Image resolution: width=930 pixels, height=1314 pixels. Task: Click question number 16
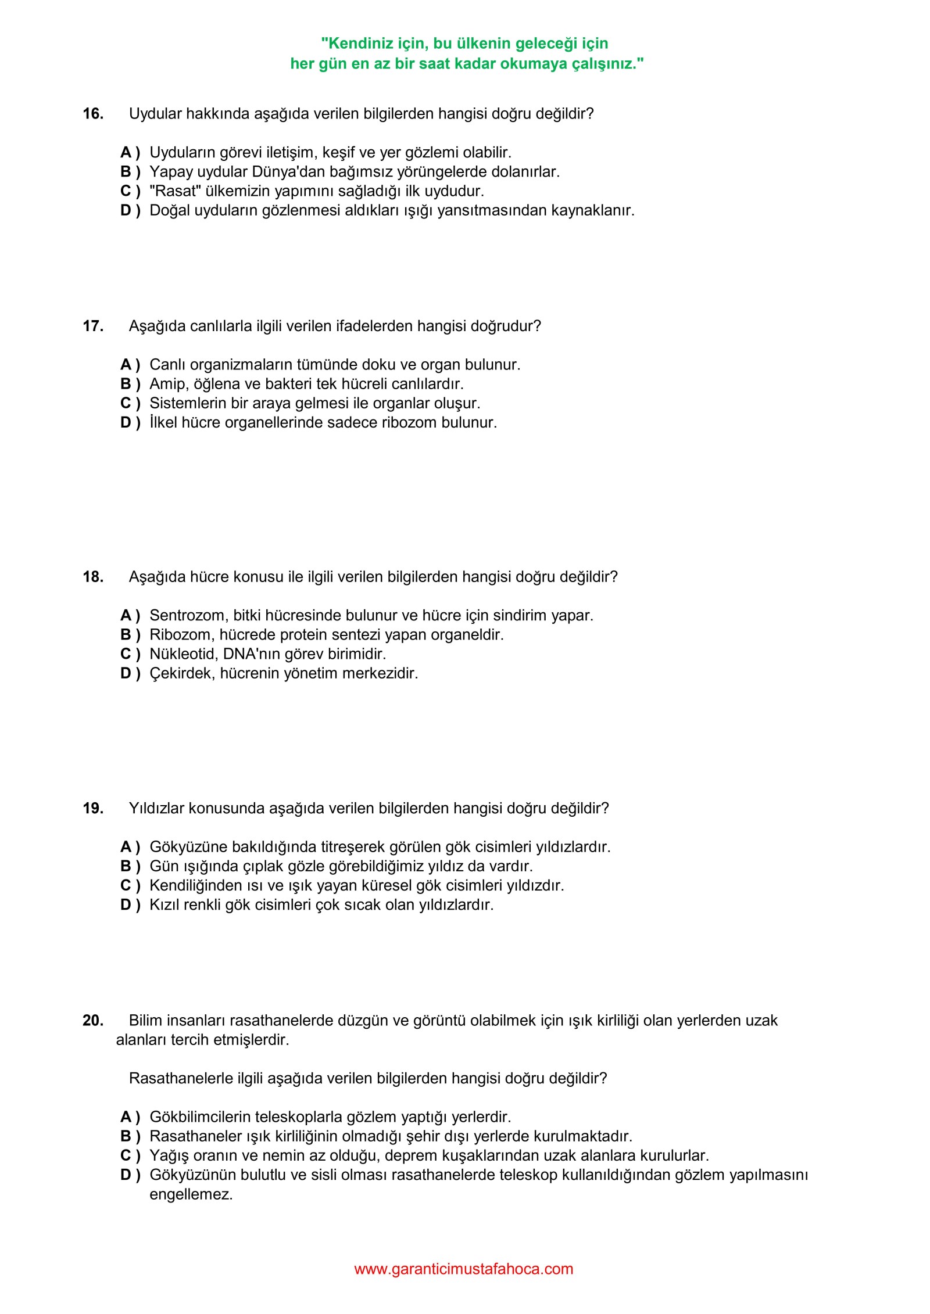click(93, 114)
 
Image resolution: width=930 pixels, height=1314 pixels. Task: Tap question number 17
click(93, 326)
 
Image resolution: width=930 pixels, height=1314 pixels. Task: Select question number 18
click(93, 577)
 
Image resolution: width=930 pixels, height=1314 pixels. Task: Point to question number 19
click(93, 809)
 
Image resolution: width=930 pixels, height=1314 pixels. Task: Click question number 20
click(93, 1021)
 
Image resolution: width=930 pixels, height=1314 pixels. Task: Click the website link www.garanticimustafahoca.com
click(463, 1269)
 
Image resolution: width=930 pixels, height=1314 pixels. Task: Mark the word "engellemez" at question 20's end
click(190, 1195)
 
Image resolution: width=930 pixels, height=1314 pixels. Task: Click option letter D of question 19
click(126, 905)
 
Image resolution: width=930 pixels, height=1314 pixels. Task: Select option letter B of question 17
click(126, 384)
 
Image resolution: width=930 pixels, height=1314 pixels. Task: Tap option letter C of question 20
click(126, 1155)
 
